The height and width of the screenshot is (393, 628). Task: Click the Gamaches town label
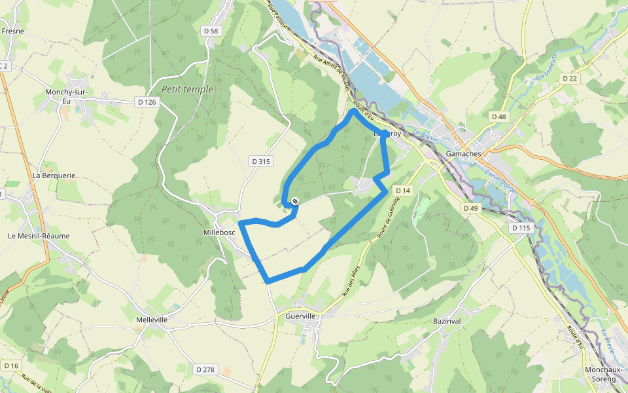[463, 154]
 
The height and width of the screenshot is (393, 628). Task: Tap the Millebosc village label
[219, 233]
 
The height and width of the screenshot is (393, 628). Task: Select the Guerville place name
[301, 316]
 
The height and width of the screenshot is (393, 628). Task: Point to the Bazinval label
[448, 322]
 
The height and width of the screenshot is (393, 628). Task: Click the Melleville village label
[152, 320]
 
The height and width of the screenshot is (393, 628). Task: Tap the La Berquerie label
[54, 176]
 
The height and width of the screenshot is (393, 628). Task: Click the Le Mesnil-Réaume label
[39, 236]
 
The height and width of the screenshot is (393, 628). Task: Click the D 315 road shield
[260, 161]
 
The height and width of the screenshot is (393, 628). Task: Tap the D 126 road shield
[147, 102]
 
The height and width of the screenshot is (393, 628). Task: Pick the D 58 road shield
[211, 31]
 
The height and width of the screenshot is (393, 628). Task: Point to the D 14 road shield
[403, 191]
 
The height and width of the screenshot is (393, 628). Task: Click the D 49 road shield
[470, 208]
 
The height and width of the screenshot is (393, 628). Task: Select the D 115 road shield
[521, 228]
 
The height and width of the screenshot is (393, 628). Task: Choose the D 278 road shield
[205, 370]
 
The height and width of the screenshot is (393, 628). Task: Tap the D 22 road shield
[570, 79]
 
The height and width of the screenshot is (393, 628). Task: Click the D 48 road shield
[498, 117]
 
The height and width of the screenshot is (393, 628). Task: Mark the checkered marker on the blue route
[296, 201]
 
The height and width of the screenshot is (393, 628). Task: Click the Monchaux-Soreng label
[601, 374]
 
